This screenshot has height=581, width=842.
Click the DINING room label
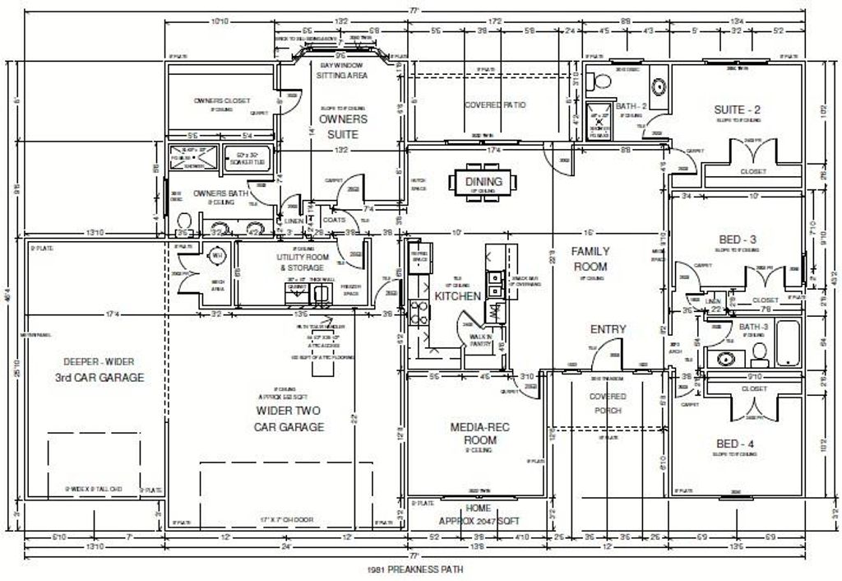pos(483,182)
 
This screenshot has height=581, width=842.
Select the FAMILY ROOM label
pos(591,258)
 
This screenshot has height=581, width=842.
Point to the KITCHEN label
pos(457,295)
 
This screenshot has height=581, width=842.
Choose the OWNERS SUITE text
pos(343,126)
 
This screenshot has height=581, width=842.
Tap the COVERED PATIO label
pos(495,105)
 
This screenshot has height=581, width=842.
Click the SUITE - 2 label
pos(736,109)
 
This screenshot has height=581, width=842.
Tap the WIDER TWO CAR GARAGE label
pos(289,418)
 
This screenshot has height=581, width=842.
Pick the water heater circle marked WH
pos(217,256)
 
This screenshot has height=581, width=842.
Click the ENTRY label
pos(608,329)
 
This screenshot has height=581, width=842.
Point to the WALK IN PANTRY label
pos(480,339)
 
